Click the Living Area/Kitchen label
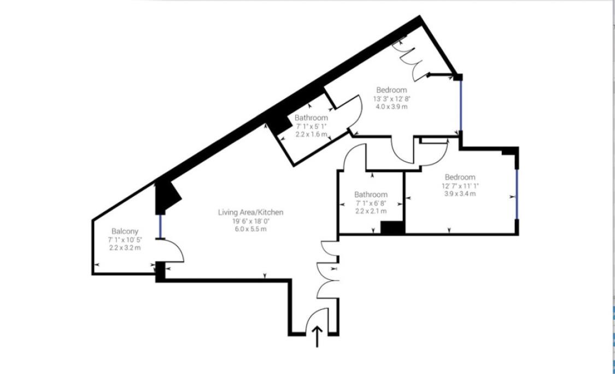coord(250,212)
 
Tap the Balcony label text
coord(125,231)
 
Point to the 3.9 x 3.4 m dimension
coord(460,194)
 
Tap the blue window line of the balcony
coord(160,226)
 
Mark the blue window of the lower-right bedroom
coord(517,194)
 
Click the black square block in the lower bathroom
coord(392,228)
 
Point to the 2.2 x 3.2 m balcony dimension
coord(125,248)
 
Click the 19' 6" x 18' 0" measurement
coord(250,220)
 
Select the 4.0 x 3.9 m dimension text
coord(391,107)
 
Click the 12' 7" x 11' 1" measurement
coord(460,185)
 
